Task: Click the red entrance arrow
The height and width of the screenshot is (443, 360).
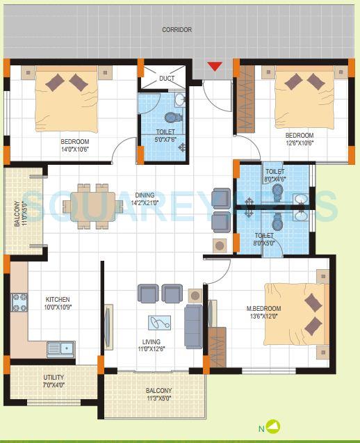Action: point(215,67)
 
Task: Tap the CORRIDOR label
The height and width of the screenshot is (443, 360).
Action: point(177,30)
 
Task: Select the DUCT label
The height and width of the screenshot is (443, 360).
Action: point(167,79)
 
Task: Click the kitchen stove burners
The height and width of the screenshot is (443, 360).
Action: point(19,303)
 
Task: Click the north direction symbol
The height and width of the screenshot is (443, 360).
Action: point(274,427)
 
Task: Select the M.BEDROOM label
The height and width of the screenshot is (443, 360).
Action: point(263,308)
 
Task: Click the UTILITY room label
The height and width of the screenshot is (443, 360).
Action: point(54,378)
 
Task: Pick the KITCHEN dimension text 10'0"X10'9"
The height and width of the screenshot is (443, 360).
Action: point(58,307)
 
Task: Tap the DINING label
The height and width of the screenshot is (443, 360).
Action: point(145,195)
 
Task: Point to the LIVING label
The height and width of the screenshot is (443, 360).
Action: point(151,342)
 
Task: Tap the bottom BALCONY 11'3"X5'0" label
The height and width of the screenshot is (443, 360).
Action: point(159,391)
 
